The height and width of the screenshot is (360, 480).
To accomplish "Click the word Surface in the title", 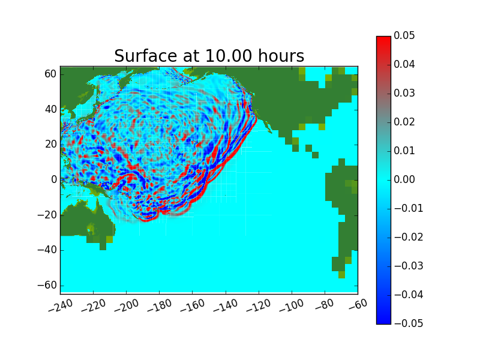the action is pos(146,56).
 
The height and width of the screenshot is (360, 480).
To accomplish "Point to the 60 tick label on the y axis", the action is pos(50,74).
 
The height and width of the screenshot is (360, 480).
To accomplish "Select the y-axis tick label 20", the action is pos(51,144).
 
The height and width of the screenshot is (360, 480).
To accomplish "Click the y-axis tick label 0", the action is pos(54,179).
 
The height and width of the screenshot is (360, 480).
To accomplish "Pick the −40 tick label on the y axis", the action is pos(47,250).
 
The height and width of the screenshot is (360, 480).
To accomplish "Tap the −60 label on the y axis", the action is pos(47,285).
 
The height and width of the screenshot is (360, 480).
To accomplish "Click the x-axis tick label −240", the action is pos(61,305).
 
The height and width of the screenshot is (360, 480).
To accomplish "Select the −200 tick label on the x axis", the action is pos(127,305).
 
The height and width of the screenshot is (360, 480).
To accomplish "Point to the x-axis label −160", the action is pos(193,305).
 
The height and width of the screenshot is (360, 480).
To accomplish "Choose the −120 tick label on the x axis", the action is pos(259,305).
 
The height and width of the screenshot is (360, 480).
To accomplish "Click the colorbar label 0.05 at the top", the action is pos(404,35).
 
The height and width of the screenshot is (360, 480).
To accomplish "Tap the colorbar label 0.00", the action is pos(404,179).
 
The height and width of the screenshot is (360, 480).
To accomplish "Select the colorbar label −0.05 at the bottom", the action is pos(409,323).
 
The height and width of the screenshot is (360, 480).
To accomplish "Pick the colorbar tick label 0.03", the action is pos(404,93).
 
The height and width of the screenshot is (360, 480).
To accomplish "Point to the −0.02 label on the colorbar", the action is pos(409,237).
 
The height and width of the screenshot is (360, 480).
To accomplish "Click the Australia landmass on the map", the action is pos(87,220).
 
